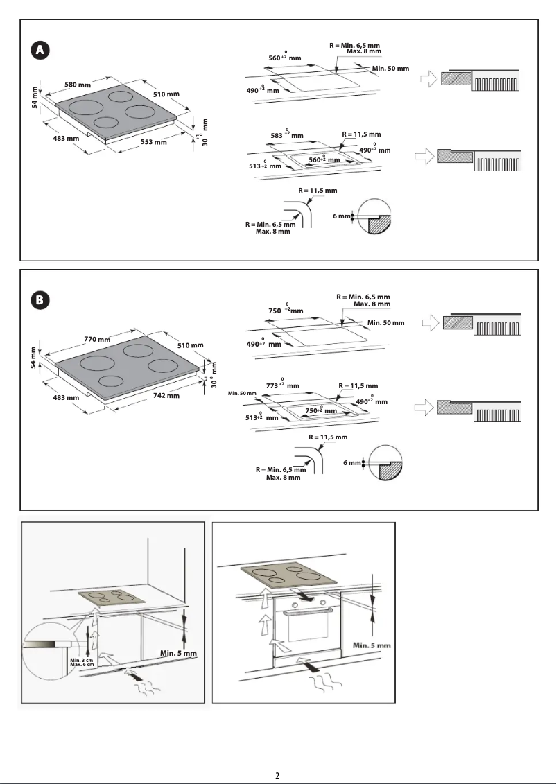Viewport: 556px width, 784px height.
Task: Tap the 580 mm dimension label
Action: pyautogui.click(x=78, y=85)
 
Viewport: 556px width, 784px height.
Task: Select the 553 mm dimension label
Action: pyautogui.click(x=154, y=142)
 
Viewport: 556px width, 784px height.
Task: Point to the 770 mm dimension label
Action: pyautogui.click(x=97, y=339)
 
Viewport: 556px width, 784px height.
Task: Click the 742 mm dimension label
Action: pyautogui.click(x=166, y=396)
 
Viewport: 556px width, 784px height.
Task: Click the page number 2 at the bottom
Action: pyautogui.click(x=277, y=775)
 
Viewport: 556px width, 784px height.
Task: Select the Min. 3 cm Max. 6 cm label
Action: pyautogui.click(x=82, y=663)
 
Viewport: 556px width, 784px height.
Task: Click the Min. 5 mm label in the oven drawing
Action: pyautogui.click(x=372, y=645)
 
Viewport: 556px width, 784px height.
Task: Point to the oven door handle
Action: pyautogui.click(x=307, y=611)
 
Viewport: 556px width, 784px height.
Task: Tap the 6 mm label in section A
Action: pyautogui.click(x=341, y=216)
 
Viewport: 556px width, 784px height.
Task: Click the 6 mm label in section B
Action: pyautogui.click(x=352, y=462)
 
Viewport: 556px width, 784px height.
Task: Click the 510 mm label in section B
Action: pyautogui.click(x=190, y=345)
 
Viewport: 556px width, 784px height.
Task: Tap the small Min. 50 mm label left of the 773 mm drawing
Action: pyautogui.click(x=242, y=394)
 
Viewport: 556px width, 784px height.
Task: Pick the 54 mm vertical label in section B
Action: pyautogui.click(x=33, y=358)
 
